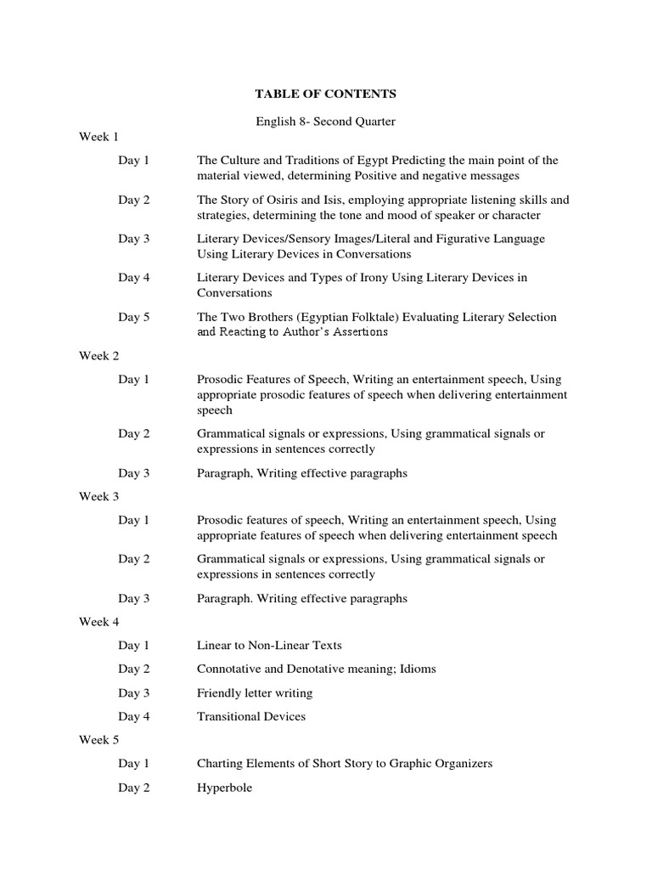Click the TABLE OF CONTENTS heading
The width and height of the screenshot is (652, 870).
tap(325, 93)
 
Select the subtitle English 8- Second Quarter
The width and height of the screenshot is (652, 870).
tap(325, 121)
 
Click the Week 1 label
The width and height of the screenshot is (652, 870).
tap(99, 137)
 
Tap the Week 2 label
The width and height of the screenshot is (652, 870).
tap(99, 356)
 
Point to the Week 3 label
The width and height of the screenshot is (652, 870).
tap(99, 497)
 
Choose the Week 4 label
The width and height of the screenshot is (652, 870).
tap(99, 622)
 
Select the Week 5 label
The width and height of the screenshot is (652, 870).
tap(99, 740)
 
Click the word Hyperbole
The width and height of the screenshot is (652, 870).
tap(224, 788)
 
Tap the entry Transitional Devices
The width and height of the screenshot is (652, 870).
tap(251, 716)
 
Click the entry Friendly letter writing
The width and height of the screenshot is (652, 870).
tap(255, 692)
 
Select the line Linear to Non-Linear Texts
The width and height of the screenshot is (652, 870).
tap(269, 646)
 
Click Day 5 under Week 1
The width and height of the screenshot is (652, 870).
tap(134, 317)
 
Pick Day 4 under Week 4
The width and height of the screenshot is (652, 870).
tap(134, 716)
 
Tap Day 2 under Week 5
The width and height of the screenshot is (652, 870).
tap(134, 788)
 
